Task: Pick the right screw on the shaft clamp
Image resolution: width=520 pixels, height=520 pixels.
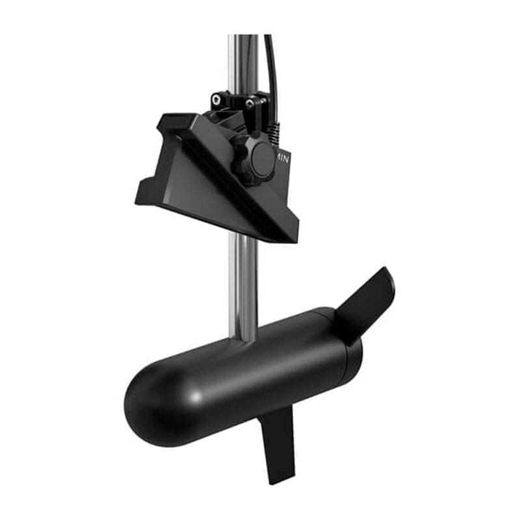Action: (x=249, y=103)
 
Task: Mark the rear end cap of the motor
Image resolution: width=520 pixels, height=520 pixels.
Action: (x=344, y=348)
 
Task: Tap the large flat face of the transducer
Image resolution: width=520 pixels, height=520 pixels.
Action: (x=195, y=188)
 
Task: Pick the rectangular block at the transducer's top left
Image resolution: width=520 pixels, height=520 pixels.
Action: (x=170, y=124)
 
